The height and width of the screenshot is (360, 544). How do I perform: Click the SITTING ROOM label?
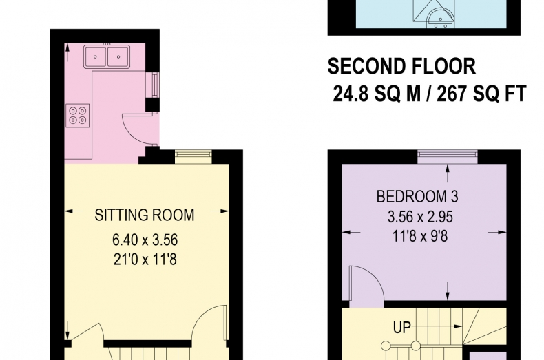pyautogui.click(x=145, y=215)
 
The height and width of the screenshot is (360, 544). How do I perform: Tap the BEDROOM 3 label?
pyautogui.click(x=417, y=197)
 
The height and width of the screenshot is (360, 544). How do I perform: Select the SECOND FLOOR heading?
pyautogui.click(x=401, y=66)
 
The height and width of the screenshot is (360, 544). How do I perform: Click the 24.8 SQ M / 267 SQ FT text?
pyautogui.click(x=430, y=94)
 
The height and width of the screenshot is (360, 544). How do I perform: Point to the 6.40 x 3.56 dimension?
pyautogui.click(x=145, y=240)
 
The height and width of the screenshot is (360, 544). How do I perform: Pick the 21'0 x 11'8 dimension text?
pyautogui.click(x=145, y=260)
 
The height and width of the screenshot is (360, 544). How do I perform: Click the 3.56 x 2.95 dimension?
pyautogui.click(x=420, y=217)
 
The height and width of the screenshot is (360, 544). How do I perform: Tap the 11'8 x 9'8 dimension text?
pyautogui.click(x=420, y=237)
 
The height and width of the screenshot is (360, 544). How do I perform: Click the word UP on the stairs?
pyautogui.click(x=402, y=327)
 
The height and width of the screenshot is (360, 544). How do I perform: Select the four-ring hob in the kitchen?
pyautogui.click(x=77, y=116)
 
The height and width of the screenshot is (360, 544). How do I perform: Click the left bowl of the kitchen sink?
pyautogui.click(x=95, y=56)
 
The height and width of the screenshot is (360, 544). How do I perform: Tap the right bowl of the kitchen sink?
pyautogui.click(x=118, y=56)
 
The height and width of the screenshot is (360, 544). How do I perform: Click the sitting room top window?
pyautogui.click(x=193, y=157)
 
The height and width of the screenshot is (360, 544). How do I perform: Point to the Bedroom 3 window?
pyautogui.click(x=448, y=157)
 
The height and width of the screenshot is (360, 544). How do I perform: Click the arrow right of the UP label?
pyautogui.click(x=458, y=326)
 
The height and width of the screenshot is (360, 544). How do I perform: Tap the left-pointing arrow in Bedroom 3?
pyautogui.click(x=351, y=233)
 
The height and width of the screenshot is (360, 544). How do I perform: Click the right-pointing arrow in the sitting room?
pyautogui.click(x=220, y=211)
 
